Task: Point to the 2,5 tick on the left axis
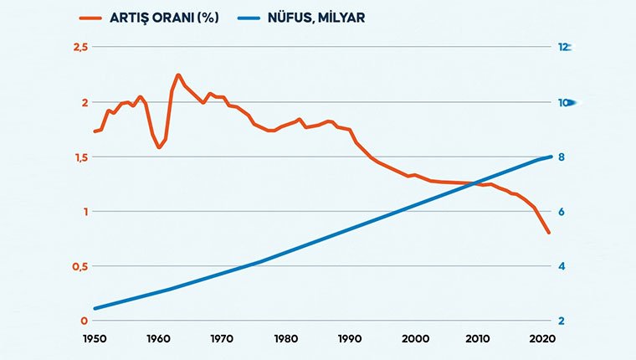click(79, 47)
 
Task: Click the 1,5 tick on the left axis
click(79, 157)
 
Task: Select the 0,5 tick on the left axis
click(79, 266)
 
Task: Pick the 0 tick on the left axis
click(84, 321)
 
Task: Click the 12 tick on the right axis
click(565, 47)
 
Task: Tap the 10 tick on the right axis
click(565, 102)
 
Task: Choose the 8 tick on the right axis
click(562, 157)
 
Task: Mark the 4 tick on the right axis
click(562, 266)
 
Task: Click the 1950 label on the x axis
click(94, 339)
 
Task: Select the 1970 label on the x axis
click(222, 339)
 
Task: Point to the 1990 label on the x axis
click(350, 339)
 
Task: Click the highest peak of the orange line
click(178, 75)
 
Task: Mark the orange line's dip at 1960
click(159, 147)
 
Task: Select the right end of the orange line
click(549, 233)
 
